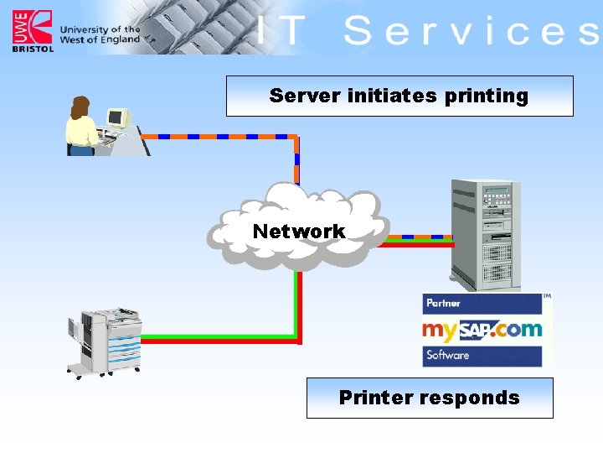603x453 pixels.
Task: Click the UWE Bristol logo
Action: point(32,30)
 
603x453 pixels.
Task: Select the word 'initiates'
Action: point(390,96)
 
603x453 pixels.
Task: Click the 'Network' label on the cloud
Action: point(299,232)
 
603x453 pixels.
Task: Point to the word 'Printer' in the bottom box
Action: point(374,398)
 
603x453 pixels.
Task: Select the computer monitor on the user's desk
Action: point(116,118)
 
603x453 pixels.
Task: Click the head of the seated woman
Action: point(80,107)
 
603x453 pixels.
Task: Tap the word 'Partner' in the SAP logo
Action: point(444,303)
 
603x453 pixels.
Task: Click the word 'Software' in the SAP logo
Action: point(447,355)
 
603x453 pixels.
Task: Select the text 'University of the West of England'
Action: point(100,34)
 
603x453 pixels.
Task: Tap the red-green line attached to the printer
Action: point(218,341)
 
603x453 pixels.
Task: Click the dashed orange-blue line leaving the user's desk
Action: point(218,136)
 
